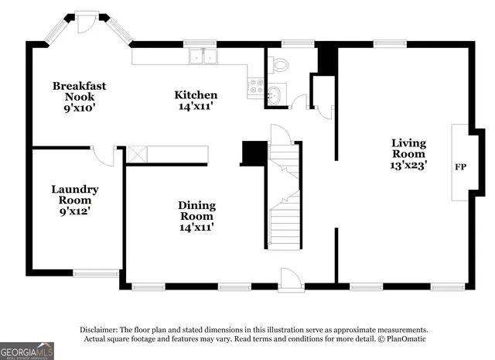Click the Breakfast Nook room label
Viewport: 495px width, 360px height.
coord(79,91)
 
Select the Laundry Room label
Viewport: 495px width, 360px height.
coord(75,194)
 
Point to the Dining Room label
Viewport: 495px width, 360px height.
coord(196,211)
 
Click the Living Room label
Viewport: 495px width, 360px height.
coord(408,148)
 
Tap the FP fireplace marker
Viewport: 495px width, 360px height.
coord(461,166)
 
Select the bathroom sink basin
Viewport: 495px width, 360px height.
coord(277,95)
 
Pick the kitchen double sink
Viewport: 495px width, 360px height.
coord(203,57)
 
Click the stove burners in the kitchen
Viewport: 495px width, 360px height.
coord(256,86)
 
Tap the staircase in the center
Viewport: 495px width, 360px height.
coord(284,197)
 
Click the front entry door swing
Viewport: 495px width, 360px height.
coord(289,278)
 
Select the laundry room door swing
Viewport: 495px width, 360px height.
coord(104,155)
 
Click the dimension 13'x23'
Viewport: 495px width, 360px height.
coord(408,164)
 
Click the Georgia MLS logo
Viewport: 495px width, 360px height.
coord(27,351)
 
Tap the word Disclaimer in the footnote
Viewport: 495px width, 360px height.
coord(101,329)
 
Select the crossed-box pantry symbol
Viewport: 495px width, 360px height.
coord(137,154)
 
